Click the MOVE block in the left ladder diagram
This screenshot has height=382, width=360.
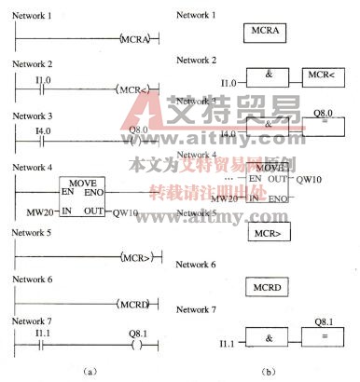click(x=81, y=197)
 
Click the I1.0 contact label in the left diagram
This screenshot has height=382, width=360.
click(x=40, y=80)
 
